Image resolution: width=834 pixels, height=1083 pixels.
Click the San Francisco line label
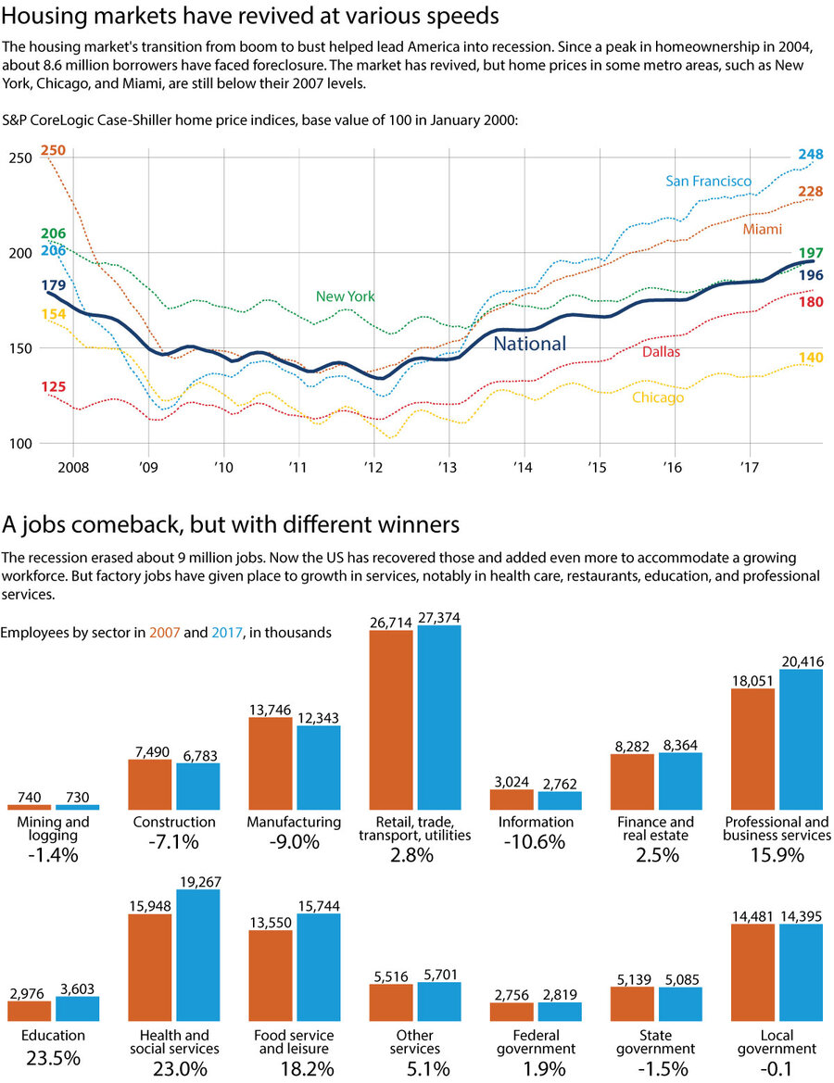point(709,181)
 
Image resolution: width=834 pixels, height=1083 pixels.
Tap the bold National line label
point(529,344)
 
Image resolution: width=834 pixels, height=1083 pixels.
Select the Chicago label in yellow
point(658,397)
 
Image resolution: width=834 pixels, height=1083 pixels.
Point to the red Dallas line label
point(661,352)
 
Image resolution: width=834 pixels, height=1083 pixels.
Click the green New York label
point(345,296)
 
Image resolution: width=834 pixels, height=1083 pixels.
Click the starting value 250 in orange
point(54,151)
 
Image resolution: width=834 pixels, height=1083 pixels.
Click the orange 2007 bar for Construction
point(149,785)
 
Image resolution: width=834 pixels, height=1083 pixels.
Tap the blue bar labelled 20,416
point(801,739)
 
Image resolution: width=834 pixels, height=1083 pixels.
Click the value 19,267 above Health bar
point(197,882)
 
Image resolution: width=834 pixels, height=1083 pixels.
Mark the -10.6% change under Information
point(535,842)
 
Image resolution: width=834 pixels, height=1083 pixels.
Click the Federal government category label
point(536,1042)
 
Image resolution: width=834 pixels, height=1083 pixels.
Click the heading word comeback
point(117,525)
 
